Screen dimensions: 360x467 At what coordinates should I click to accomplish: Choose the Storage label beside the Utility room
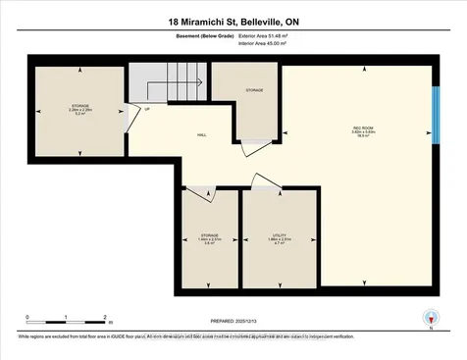pos(209,236)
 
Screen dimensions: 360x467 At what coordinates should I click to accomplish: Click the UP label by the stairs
pos(148,109)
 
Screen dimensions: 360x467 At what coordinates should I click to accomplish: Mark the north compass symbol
pos(428,318)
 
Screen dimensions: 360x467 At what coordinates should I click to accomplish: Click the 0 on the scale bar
pos(28,317)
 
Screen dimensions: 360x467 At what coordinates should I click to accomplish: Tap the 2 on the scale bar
pos(104,317)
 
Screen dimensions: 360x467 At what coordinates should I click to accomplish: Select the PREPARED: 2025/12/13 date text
pos(233,322)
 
